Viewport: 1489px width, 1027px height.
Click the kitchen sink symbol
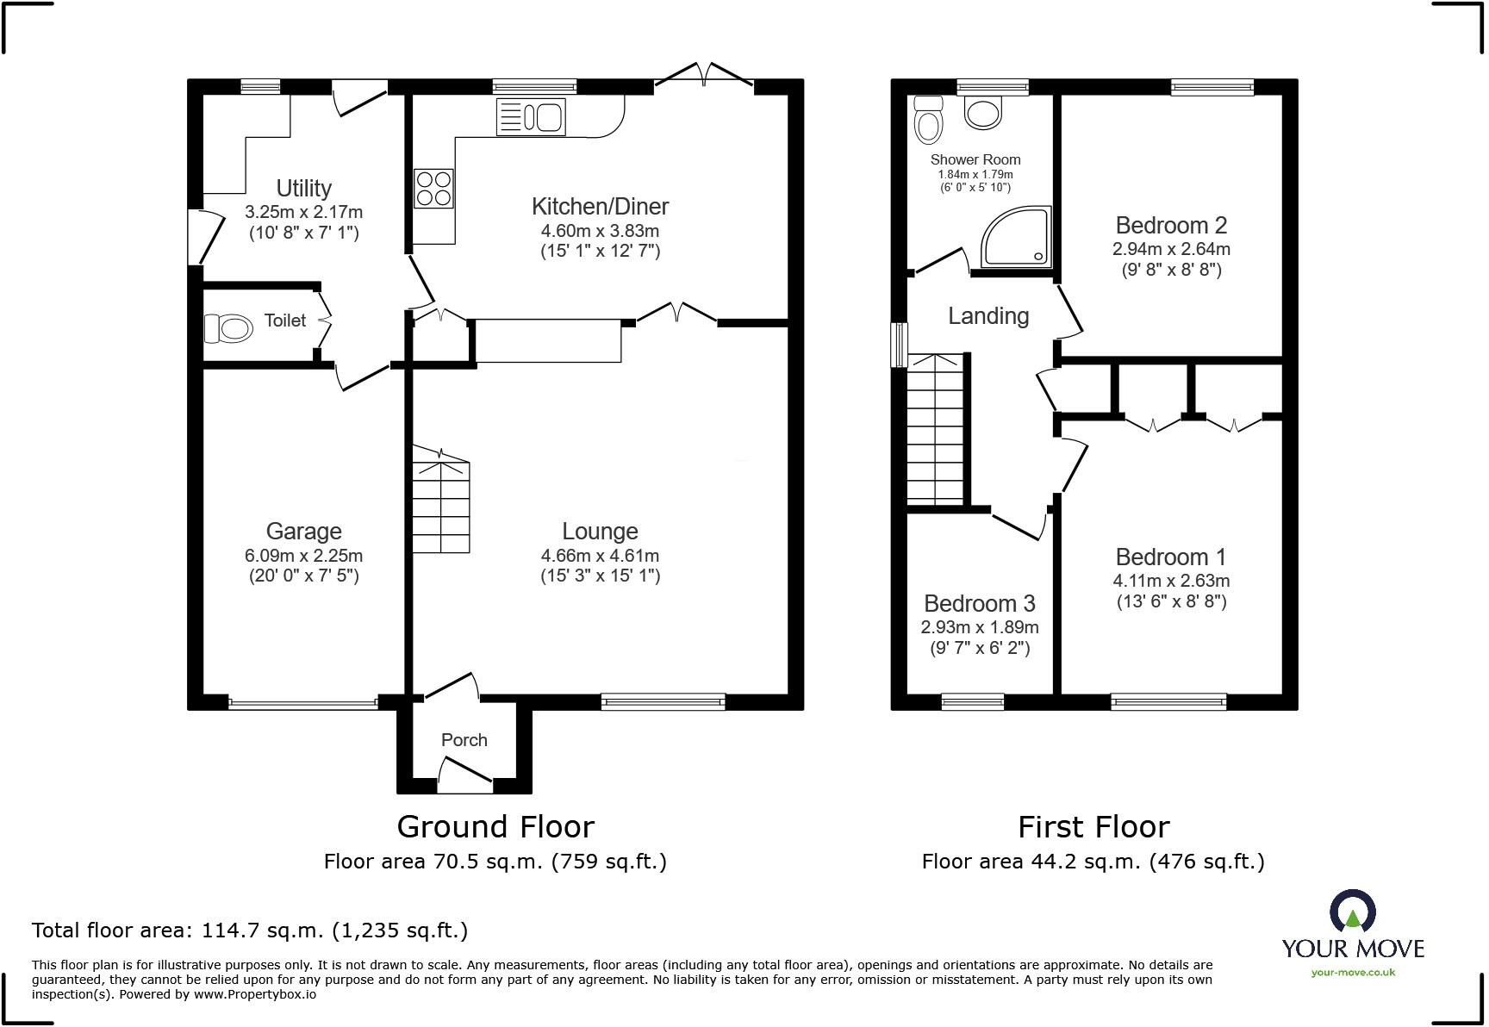(531, 116)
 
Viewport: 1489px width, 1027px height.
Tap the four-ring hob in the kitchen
(434, 188)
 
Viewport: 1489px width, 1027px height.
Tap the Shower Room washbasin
(983, 112)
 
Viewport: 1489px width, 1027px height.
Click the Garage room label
(303, 531)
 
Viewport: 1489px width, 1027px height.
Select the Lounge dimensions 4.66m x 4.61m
(600, 556)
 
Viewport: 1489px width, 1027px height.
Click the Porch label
(464, 740)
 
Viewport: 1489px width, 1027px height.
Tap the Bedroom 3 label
(980, 603)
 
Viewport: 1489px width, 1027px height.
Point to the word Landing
(988, 316)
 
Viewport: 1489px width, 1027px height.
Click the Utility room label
(303, 188)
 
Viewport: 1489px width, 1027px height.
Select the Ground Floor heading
(495, 827)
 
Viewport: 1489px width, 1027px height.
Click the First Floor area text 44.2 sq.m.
(1093, 861)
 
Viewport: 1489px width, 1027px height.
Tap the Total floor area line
(250, 931)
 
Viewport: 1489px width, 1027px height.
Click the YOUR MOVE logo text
(1353, 949)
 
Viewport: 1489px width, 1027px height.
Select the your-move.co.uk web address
(1353, 973)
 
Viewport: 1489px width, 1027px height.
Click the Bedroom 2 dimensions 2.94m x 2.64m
(1171, 249)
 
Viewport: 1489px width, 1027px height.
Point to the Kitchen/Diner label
(600, 207)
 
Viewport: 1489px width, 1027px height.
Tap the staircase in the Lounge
(441, 499)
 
